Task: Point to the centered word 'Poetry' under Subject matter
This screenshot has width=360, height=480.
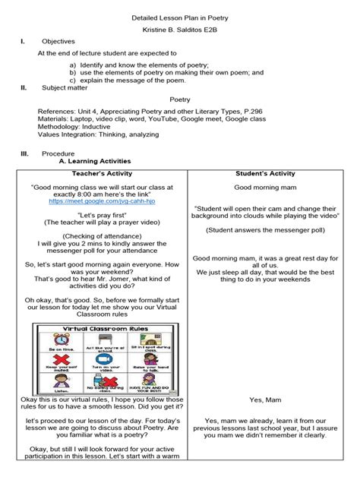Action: (x=179, y=99)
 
